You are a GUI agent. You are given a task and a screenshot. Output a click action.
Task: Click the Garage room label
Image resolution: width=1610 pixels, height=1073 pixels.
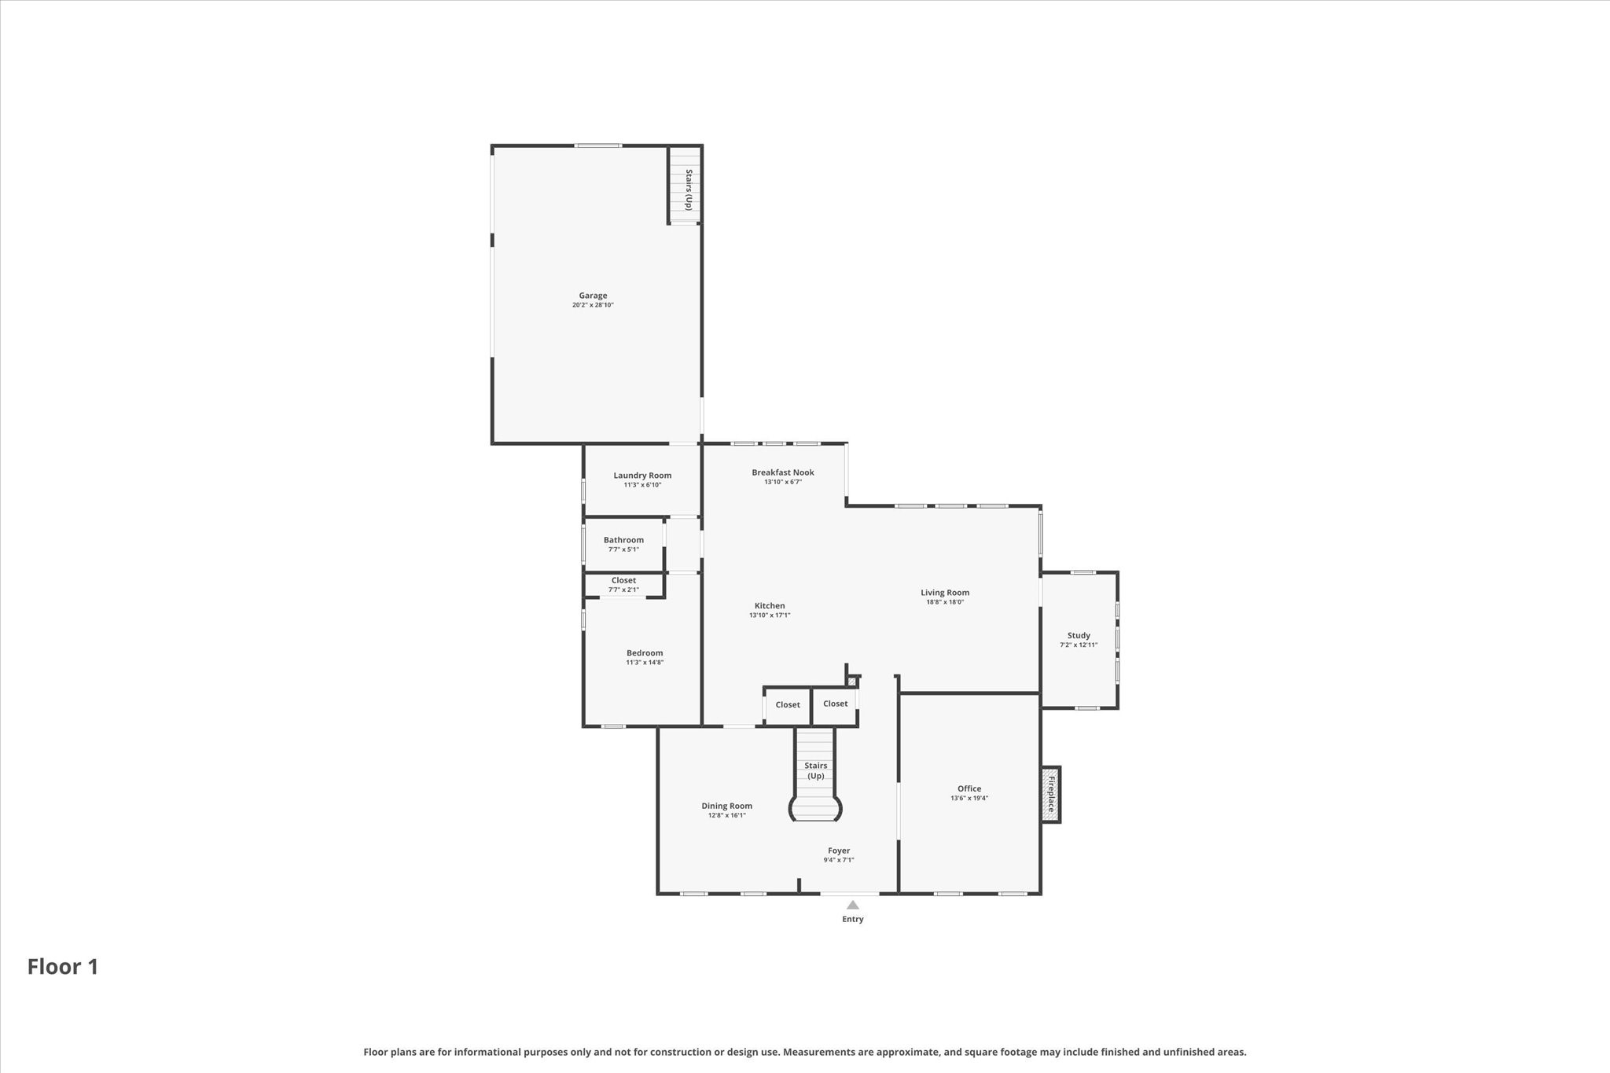click(593, 296)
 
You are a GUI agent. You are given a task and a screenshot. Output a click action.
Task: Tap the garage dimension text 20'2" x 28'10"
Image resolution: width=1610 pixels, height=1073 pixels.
click(593, 305)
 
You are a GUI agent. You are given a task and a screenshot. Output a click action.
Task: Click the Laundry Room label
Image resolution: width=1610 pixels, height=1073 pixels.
click(642, 476)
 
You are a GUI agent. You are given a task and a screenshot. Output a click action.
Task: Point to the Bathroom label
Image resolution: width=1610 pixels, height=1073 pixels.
click(623, 540)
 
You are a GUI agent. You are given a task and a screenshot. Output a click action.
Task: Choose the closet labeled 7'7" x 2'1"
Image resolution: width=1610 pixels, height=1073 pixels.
click(623, 585)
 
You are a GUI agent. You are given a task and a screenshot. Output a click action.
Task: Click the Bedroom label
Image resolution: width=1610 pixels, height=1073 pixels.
click(645, 653)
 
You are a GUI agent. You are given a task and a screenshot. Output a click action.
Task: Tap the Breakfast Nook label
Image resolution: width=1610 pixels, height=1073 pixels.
click(782, 472)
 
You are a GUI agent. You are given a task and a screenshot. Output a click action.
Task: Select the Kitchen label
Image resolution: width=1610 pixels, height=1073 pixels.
click(770, 606)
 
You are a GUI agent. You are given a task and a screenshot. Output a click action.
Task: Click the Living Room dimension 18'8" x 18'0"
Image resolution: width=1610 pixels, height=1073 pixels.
click(945, 602)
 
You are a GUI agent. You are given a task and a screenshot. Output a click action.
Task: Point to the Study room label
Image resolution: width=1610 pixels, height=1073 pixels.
click(1079, 636)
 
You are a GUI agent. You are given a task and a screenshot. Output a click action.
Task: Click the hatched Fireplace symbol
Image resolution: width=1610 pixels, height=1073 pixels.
click(1051, 794)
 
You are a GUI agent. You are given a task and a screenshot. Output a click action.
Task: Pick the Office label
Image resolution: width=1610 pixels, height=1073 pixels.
click(969, 788)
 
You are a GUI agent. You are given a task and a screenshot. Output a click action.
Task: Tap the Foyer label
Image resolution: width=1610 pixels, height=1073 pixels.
click(839, 851)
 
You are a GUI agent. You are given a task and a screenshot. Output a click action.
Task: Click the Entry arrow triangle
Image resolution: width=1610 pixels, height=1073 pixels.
click(853, 905)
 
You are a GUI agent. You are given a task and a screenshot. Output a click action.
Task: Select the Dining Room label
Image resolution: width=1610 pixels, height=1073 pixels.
click(726, 806)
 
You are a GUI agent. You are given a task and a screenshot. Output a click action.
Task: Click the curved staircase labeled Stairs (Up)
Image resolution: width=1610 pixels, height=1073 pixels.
click(815, 778)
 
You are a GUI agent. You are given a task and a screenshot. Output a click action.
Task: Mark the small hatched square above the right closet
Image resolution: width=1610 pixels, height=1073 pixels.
click(851, 682)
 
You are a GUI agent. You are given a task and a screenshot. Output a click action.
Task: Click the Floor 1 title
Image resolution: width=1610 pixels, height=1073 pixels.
click(63, 967)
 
